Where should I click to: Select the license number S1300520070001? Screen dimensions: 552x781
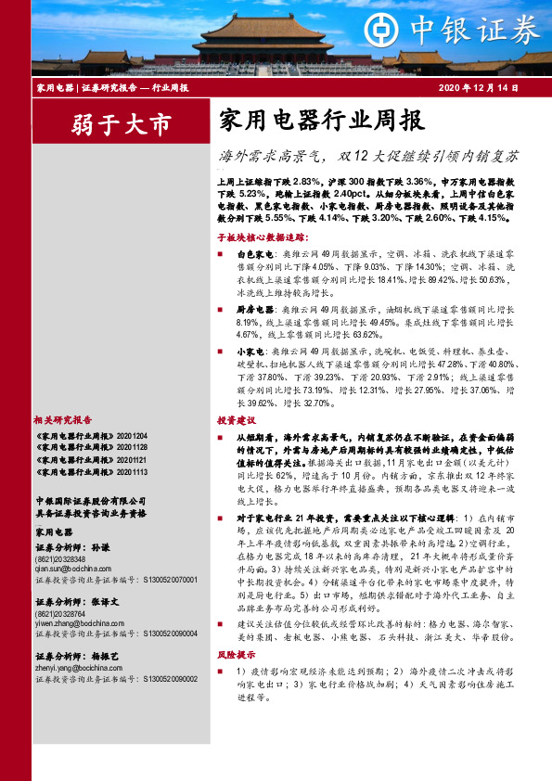coord(170,579)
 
